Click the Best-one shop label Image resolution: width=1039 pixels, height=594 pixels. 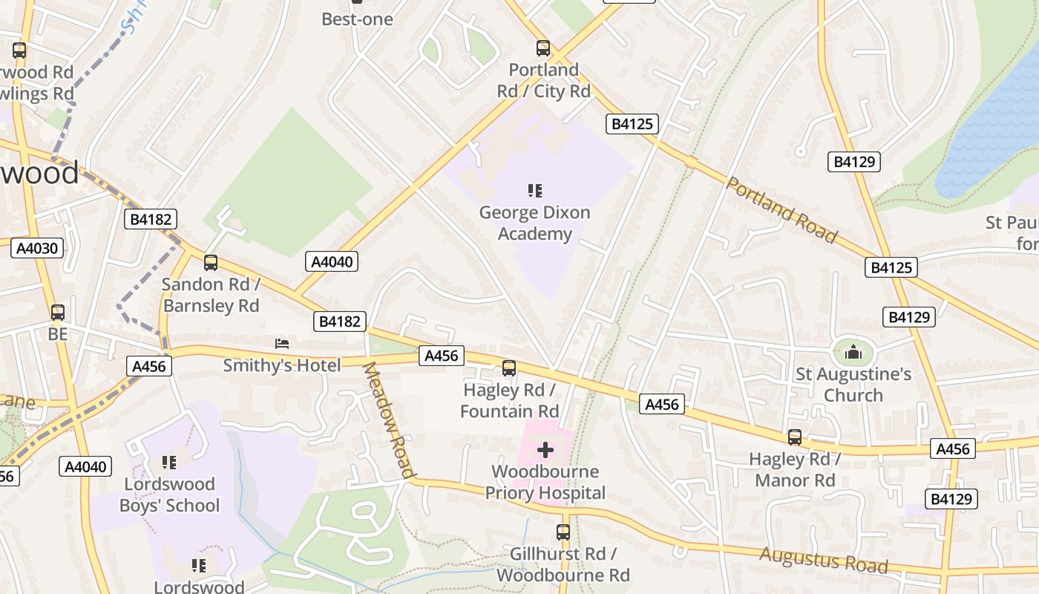(357, 19)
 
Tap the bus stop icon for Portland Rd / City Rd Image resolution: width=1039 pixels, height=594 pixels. (543, 49)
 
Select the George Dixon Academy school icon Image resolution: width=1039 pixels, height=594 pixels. (534, 191)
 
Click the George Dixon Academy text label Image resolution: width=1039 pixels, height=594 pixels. (534, 223)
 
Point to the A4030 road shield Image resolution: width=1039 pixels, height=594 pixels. (37, 248)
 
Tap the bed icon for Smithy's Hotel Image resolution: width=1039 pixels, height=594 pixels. (282, 343)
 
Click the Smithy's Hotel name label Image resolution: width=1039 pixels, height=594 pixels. (282, 365)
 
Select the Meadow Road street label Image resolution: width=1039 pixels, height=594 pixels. (388, 420)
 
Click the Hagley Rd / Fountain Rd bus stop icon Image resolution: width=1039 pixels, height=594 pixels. (509, 368)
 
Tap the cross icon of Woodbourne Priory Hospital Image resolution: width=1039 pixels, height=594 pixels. (545, 450)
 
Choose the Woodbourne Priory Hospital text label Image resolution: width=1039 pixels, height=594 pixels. (545, 482)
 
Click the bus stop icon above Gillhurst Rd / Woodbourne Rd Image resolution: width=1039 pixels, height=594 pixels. (563, 532)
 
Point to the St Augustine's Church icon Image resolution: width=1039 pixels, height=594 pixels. (853, 352)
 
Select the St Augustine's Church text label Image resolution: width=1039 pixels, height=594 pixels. (853, 384)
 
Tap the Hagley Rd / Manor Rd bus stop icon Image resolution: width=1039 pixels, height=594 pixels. (795, 437)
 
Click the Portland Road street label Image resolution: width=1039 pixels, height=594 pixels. (781, 210)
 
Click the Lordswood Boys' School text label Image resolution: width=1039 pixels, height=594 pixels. (171, 495)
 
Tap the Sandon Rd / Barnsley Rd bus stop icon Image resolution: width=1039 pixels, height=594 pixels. (211, 263)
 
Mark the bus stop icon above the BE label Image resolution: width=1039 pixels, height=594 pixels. (58, 313)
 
